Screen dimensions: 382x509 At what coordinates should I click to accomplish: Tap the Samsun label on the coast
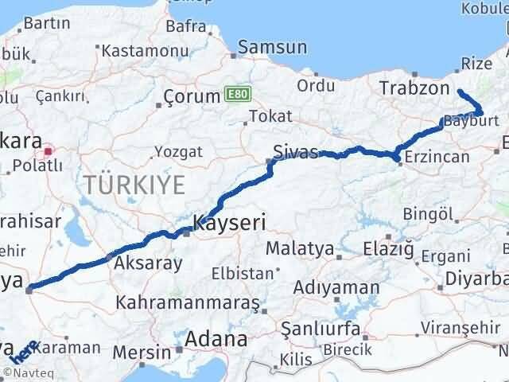pos(272,49)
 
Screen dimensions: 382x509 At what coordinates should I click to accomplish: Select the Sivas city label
pos(295,152)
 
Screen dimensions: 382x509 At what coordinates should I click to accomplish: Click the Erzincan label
pos(437,157)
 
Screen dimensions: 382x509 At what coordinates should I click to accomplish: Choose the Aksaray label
pos(149,263)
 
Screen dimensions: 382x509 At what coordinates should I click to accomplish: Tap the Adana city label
pos(216,340)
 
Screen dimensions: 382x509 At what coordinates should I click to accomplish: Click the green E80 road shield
pos(233,93)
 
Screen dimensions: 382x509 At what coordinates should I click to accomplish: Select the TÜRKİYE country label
pos(134,185)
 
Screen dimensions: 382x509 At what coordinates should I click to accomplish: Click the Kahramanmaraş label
pos(188,303)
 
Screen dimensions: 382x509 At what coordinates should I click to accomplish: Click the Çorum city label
pos(191,97)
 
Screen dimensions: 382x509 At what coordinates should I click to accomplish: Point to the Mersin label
pos(142,351)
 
